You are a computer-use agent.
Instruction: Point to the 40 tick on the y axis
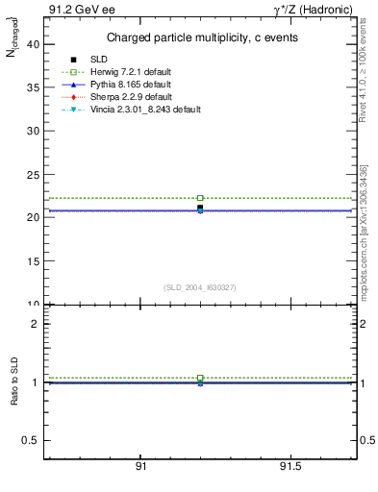coord(33,44)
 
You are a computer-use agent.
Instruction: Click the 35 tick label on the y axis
coord(33,87)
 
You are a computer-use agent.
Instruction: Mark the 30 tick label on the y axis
coord(33,131)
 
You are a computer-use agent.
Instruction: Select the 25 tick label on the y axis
coord(33,174)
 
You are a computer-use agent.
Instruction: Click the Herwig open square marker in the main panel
coord(200,198)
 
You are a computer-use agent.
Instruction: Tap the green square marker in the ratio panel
coord(200,378)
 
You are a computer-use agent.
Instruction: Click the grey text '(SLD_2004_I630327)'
coord(200,287)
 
